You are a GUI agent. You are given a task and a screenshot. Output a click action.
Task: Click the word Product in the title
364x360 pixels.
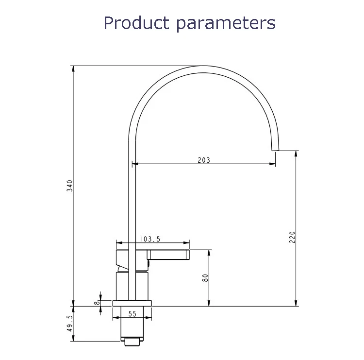136,22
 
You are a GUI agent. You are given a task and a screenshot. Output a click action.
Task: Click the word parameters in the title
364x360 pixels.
226,24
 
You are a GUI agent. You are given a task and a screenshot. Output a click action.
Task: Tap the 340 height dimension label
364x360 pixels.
69,186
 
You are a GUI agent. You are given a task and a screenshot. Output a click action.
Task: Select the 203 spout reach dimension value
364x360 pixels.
204,160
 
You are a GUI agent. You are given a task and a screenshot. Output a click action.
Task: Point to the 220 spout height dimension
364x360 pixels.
292,237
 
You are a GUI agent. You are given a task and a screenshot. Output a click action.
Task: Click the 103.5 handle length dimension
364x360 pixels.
150,239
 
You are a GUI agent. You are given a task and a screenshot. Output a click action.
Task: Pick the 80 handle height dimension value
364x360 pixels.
205,278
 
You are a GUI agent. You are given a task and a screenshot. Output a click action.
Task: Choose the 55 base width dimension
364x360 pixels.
132,314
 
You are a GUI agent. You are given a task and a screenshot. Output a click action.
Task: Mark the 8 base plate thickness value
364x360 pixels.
97,303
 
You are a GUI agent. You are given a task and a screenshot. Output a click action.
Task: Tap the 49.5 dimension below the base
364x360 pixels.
69,323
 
